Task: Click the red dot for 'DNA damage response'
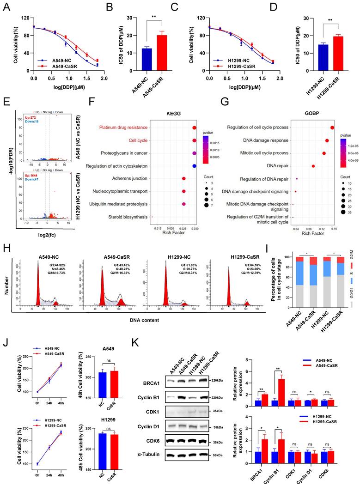[x=327, y=140]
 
